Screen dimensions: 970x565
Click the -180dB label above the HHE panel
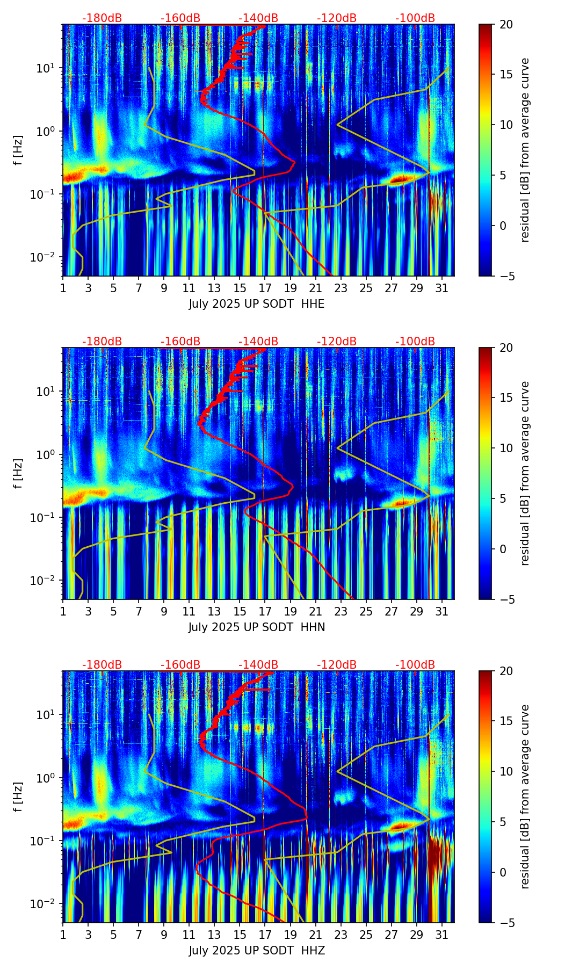pos(102,18)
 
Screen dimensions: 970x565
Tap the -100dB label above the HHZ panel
pos(415,665)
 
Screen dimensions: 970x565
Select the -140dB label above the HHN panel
pos(258,342)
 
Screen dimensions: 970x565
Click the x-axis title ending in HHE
pos(257,304)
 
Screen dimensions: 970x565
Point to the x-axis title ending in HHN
pos(257,627)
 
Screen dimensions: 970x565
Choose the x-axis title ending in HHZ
pos(257,951)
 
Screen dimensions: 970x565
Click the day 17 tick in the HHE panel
pos(265,288)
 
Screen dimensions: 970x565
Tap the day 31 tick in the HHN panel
pos(441,611)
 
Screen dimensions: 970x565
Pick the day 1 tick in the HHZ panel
pos(63,935)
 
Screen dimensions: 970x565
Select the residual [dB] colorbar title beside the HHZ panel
pos(525,797)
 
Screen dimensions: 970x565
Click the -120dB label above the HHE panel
pos(337,18)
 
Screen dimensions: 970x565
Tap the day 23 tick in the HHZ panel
pos(341,935)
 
